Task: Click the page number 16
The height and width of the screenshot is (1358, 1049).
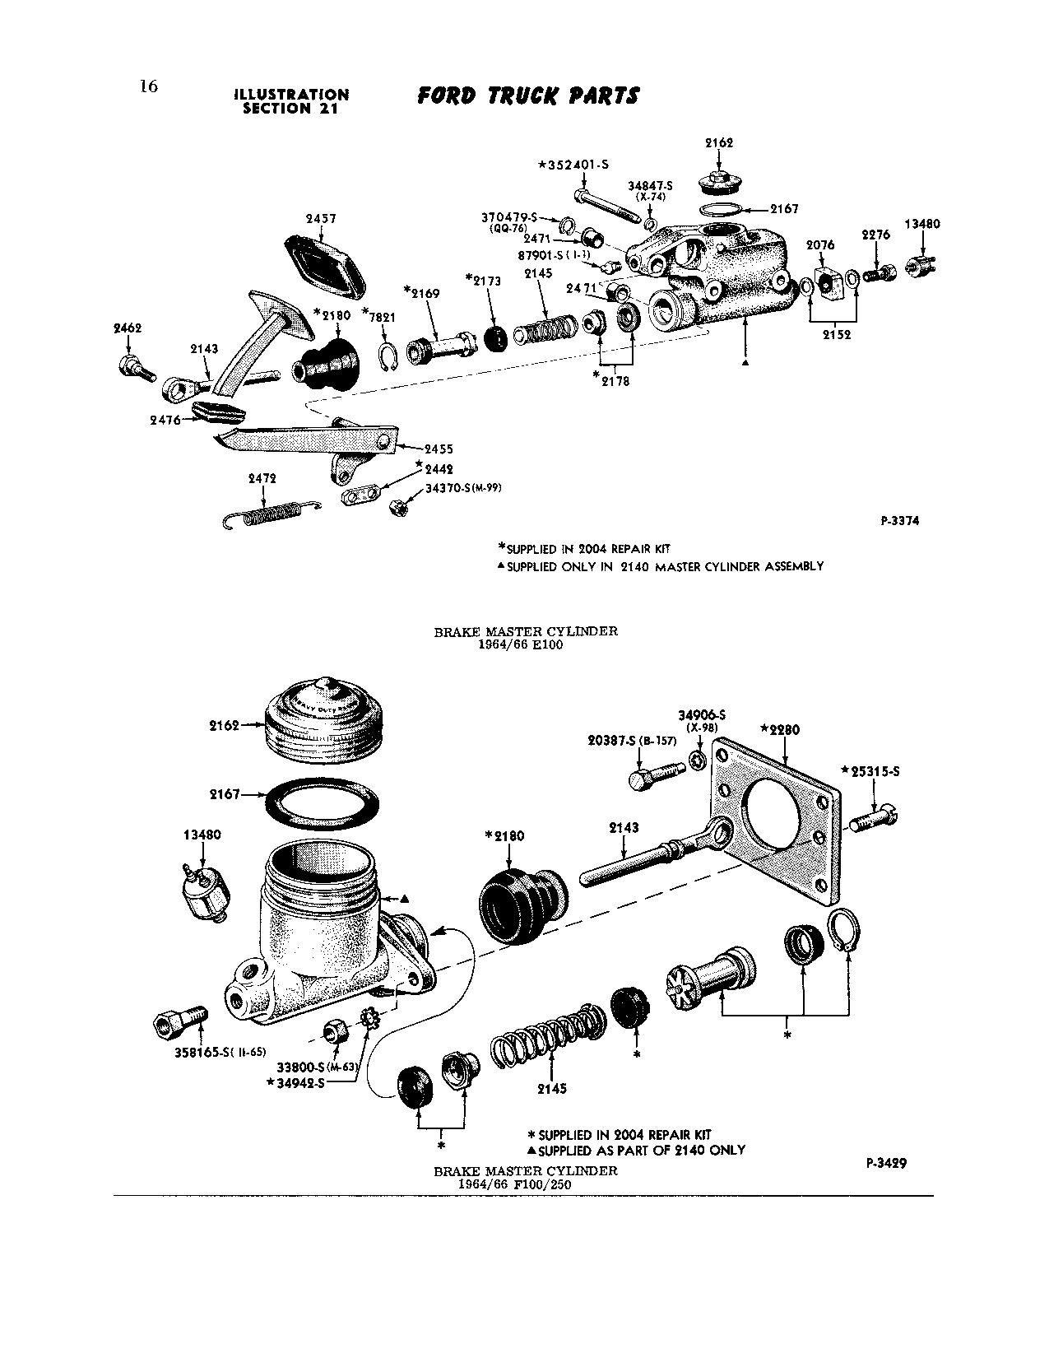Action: [x=149, y=86]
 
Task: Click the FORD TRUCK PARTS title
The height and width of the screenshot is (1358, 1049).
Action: [x=527, y=96]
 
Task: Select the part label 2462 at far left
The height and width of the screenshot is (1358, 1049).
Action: [x=128, y=328]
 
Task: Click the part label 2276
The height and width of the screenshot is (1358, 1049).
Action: [x=875, y=235]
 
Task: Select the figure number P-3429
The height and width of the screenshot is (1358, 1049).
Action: [x=886, y=1165]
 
